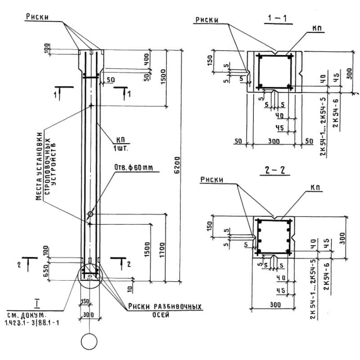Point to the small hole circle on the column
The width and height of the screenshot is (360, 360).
tap(90, 214)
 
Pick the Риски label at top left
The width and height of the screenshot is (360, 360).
tap(37, 18)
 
